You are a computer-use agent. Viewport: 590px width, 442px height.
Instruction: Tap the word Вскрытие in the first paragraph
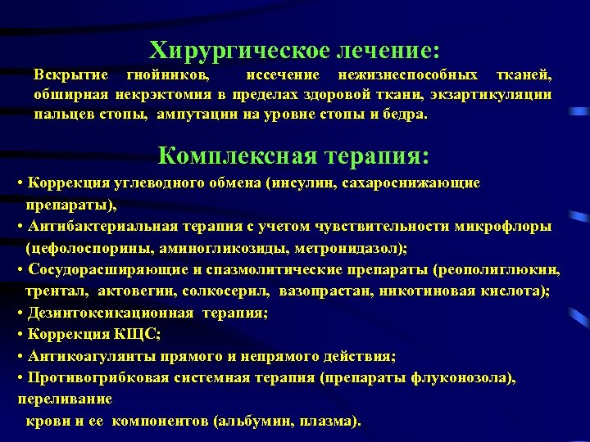pos(68,75)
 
